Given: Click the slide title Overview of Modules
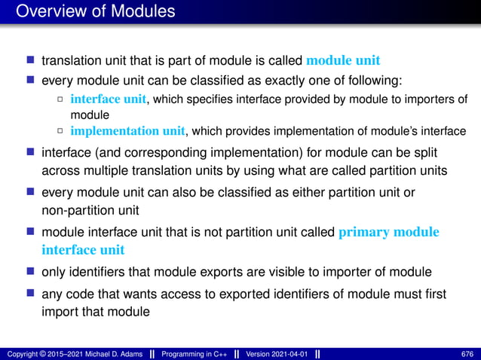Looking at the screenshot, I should (95, 11).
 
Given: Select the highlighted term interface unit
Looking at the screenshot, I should (109, 99).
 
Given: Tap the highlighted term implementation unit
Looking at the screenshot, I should (127, 131).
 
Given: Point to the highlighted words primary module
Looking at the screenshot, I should (388, 232).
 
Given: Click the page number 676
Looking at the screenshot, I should (467, 354).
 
